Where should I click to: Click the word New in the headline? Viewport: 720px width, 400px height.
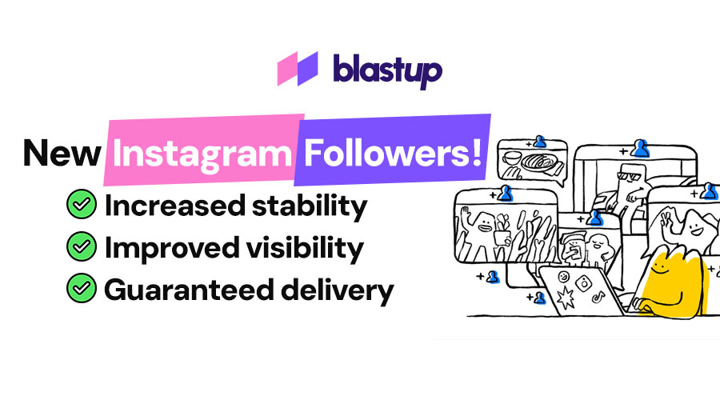[62, 152]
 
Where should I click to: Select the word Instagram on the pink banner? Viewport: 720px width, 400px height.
[202, 152]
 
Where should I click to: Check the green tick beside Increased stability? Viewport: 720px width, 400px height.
[81, 206]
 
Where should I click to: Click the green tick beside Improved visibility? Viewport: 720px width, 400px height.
[81, 248]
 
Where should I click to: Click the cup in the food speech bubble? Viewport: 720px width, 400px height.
[511, 158]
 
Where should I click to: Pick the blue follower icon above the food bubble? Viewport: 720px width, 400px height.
[540, 142]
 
